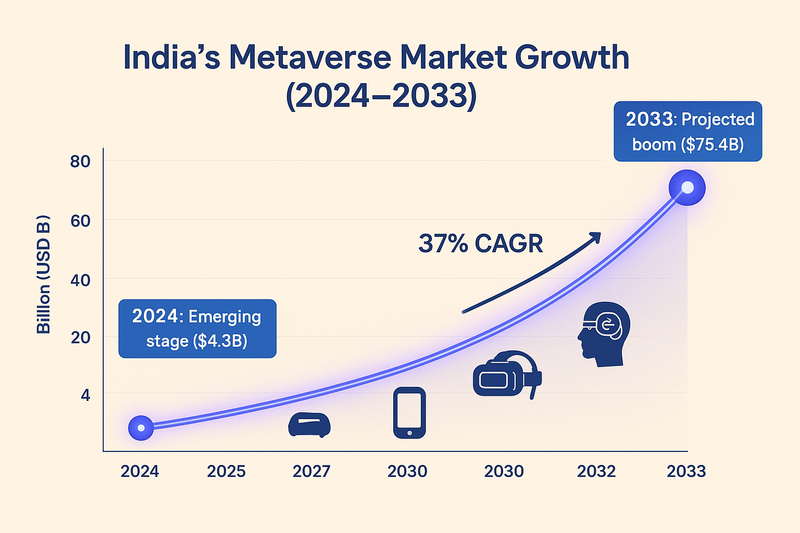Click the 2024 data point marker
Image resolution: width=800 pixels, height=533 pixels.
(141, 427)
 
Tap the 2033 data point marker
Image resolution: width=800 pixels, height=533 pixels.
(687, 187)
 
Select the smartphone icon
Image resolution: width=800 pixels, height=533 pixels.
(409, 412)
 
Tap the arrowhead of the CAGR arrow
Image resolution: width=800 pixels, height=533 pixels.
(595, 237)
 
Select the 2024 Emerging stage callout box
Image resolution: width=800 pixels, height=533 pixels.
(197, 327)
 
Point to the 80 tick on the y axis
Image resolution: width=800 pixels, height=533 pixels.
(81, 162)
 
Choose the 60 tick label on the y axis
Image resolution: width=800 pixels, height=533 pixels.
(81, 220)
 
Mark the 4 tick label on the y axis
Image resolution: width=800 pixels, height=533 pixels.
(85, 395)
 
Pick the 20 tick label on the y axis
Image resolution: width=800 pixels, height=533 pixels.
(81, 337)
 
